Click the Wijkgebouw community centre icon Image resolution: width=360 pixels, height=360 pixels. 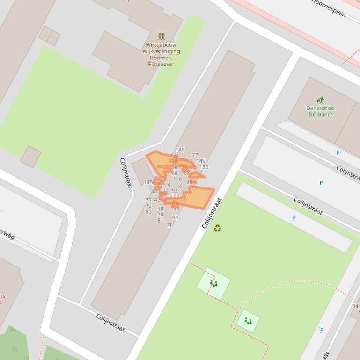161,36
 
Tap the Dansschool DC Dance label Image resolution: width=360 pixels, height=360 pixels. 321,111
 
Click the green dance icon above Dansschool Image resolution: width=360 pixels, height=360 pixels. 320,100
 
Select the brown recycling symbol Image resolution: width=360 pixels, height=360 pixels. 217,228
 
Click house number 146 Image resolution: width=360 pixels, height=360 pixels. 180,150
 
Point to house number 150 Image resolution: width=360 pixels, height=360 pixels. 204,167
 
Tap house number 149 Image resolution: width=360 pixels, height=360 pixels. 201,161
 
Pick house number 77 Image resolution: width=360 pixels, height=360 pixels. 195,155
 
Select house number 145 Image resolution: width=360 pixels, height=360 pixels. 148,182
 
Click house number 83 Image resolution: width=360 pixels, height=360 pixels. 148,212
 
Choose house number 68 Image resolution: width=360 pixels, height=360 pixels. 175,217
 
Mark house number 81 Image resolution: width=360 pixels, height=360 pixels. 160,221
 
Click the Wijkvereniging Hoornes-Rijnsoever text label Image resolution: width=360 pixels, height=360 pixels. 161,55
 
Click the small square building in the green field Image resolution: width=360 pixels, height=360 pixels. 30,156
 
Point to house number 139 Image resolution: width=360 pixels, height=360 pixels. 175,209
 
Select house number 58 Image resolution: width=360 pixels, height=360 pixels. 160,209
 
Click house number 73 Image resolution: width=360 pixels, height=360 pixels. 148,200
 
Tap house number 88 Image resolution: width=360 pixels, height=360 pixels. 175,173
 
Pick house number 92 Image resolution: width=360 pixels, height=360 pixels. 175,191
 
